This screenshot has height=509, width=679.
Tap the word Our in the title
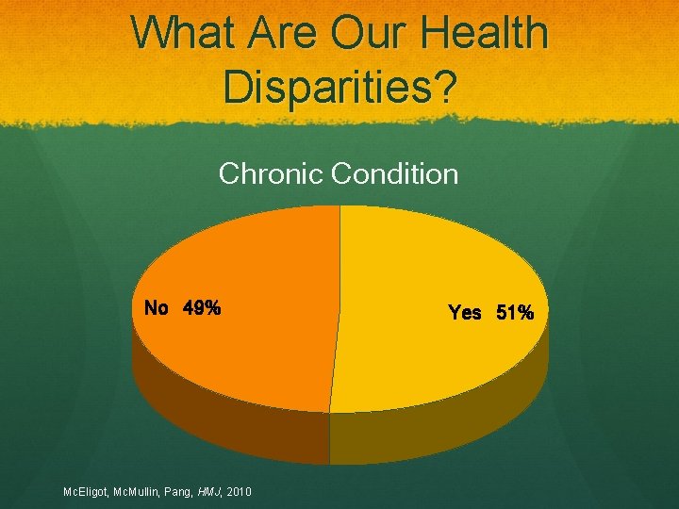372,34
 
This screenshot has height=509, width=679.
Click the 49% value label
203,308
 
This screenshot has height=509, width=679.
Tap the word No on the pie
156,308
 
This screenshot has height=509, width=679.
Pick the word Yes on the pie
465,313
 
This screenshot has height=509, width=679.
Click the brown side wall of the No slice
226,424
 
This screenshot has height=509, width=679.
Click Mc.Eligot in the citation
87,492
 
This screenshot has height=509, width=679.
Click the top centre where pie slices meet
339,207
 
